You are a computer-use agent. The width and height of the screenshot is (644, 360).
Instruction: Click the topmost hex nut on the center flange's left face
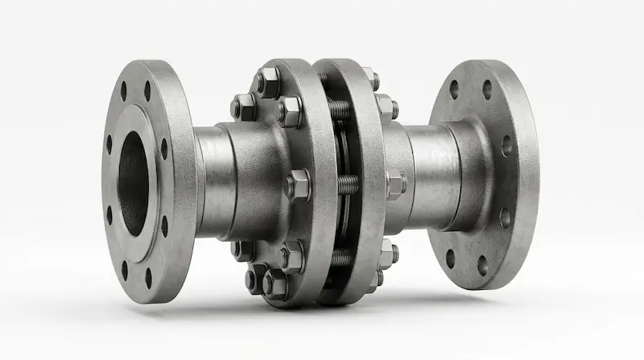coord(268,81)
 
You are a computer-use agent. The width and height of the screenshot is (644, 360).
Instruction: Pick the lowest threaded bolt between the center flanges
coord(341,258)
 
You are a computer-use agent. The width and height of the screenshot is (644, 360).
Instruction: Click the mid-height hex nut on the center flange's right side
coord(394,184)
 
